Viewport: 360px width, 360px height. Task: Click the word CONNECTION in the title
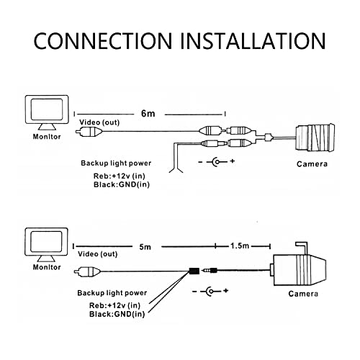tap(103, 41)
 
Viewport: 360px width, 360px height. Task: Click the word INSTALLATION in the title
tap(253, 41)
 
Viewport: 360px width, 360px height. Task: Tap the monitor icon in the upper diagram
tap(47, 113)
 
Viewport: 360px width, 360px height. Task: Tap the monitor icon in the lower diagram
tap(47, 245)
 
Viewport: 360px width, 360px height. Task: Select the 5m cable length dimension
tap(145, 246)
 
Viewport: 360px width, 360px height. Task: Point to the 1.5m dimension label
tap(240, 246)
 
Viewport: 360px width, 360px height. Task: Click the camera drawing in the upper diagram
tap(315, 138)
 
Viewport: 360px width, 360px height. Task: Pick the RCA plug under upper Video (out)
tap(89, 132)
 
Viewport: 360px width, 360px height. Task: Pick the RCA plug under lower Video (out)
tap(87, 271)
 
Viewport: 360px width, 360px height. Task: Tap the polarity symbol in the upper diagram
tap(217, 161)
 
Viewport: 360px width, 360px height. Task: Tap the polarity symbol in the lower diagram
tap(210, 292)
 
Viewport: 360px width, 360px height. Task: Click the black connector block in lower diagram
tap(194, 271)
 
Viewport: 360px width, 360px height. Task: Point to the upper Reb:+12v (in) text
tap(120, 176)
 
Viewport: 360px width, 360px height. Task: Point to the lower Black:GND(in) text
tap(117, 314)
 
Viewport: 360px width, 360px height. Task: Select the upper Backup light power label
tap(116, 163)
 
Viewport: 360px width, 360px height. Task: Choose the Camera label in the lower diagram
tap(303, 294)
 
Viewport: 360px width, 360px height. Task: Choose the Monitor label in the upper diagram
tap(47, 137)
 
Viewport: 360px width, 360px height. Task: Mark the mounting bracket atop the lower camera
tap(302, 248)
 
